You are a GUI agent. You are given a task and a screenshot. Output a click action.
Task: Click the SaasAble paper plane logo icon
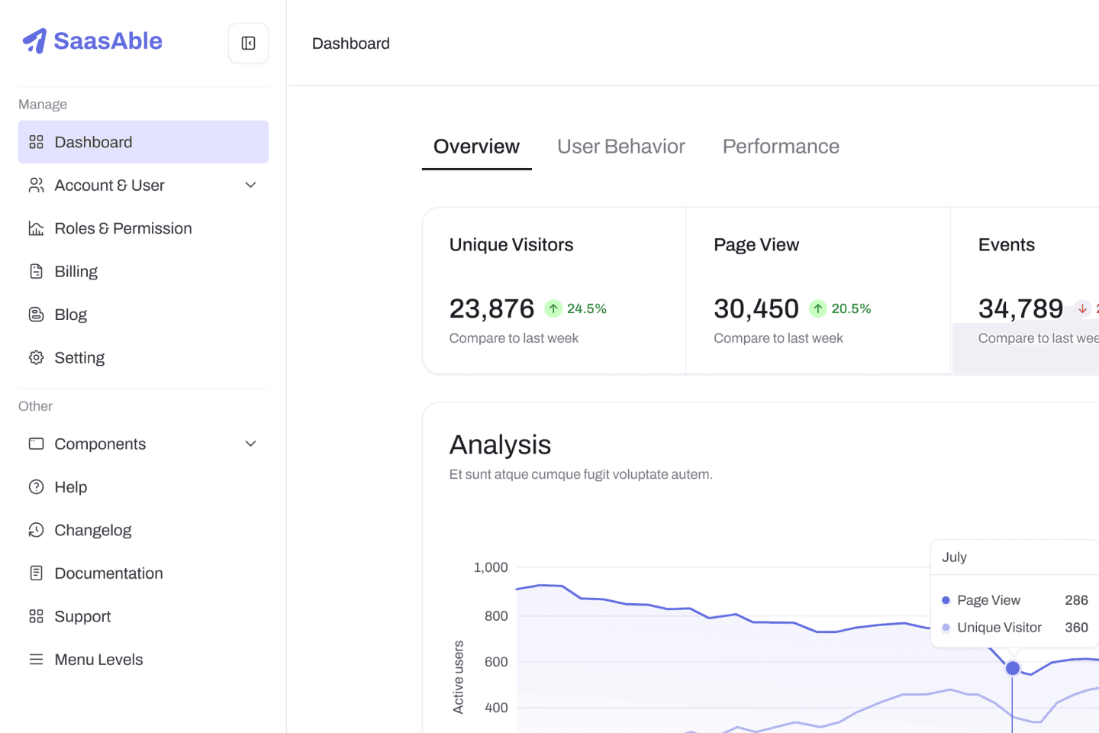point(35,40)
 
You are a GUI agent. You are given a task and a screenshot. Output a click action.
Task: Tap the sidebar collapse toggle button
point(248,44)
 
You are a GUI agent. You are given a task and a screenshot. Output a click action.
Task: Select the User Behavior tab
point(620,147)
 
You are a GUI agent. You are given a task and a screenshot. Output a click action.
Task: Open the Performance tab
point(781,147)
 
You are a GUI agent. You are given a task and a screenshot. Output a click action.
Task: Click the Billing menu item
point(76,272)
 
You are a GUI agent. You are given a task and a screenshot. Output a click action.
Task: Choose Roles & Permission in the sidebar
point(123,228)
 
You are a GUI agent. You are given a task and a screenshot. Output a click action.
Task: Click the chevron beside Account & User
point(250,185)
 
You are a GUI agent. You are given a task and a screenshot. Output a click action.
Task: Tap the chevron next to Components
point(250,444)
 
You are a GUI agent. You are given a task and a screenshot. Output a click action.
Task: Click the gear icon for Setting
point(37,357)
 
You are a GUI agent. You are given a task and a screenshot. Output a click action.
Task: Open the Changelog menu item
point(93,530)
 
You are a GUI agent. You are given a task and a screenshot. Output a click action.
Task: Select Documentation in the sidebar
point(108,573)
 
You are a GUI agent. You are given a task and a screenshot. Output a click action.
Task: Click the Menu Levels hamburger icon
point(37,660)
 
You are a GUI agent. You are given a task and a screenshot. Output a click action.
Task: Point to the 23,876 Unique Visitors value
point(491,308)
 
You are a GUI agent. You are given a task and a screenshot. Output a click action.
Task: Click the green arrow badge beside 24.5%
point(553,308)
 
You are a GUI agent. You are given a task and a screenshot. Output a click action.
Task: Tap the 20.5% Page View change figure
point(851,308)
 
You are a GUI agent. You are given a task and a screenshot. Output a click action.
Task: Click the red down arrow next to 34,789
point(1082,308)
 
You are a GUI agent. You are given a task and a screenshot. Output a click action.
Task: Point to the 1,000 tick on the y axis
point(491,567)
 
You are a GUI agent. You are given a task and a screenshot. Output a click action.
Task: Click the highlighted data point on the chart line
point(1013,668)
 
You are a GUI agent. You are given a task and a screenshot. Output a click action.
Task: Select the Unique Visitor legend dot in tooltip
point(946,628)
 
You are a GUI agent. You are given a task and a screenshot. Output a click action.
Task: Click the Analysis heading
point(500,445)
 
